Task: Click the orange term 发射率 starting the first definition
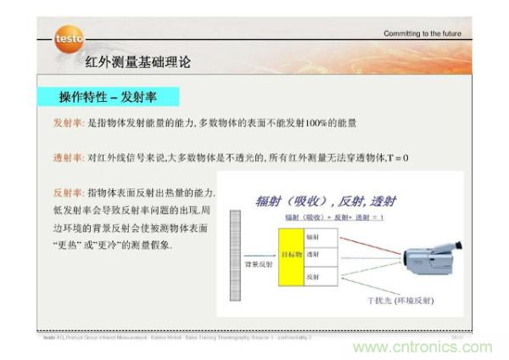(x=69, y=123)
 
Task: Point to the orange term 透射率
(x=69, y=158)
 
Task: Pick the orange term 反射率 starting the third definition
(x=69, y=193)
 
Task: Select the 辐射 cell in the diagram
(x=313, y=237)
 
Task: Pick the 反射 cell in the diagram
(x=313, y=275)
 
